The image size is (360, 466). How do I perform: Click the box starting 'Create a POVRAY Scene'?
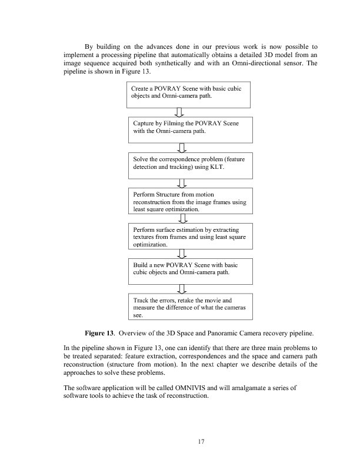pos(189,95)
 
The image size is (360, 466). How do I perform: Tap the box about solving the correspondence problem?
pos(189,164)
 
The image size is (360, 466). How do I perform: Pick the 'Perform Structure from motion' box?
pos(189,200)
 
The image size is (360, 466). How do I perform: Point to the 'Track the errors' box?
pos(189,307)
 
